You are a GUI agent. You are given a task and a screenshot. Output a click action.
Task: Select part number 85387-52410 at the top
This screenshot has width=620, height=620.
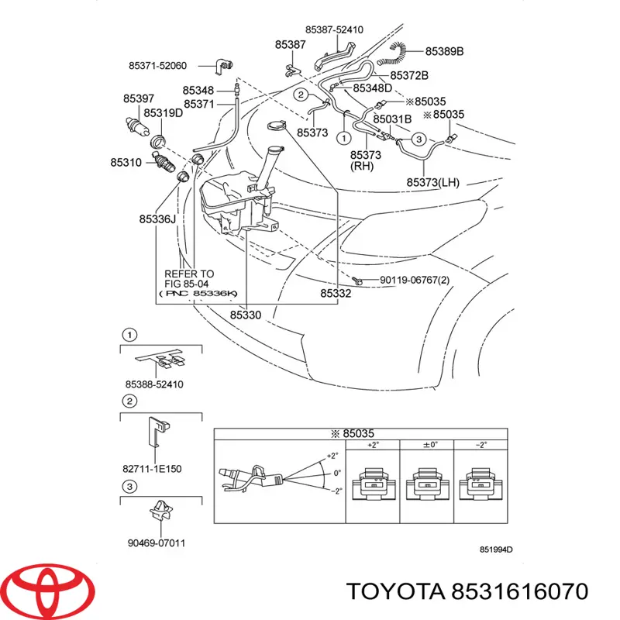click(334, 29)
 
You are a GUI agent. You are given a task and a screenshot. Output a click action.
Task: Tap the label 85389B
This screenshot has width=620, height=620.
click(444, 52)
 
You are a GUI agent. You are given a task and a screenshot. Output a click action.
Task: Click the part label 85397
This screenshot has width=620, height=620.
click(138, 98)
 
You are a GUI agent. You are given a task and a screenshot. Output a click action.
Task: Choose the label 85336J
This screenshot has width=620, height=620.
click(157, 219)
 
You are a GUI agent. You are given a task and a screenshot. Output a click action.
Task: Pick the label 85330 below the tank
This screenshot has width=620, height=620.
click(246, 315)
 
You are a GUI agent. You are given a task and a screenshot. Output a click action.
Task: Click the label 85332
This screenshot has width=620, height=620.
click(336, 294)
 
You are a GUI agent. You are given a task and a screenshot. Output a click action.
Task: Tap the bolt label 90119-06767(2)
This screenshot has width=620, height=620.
click(414, 280)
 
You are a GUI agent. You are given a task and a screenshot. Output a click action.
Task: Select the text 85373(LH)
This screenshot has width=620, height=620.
click(432, 183)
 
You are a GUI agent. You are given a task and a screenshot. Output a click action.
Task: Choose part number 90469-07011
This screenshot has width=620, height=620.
click(158, 542)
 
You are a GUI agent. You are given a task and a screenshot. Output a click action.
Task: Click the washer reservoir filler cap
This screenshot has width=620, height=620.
click(275, 128)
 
